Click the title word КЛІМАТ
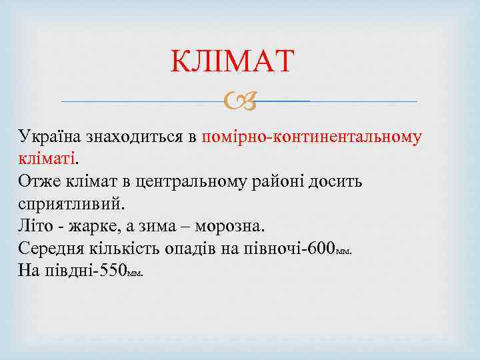click(x=231, y=61)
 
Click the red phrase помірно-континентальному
click(x=312, y=137)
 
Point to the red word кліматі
click(x=46, y=159)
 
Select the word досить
click(x=339, y=181)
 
